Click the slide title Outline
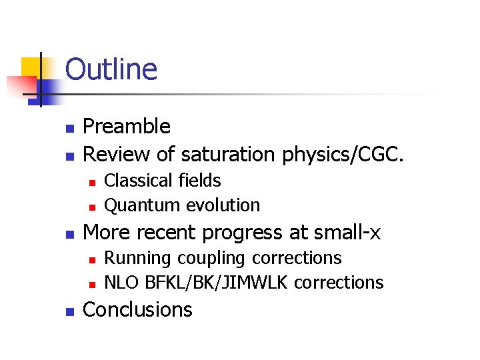pos(111,70)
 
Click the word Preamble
pos(126,126)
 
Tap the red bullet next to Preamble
pos(68,127)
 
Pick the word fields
pos(198,180)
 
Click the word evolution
pos(223,205)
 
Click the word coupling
pos(201,258)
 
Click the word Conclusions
pos(137,309)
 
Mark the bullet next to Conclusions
pos(68,311)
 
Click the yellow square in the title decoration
pos(32,67)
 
